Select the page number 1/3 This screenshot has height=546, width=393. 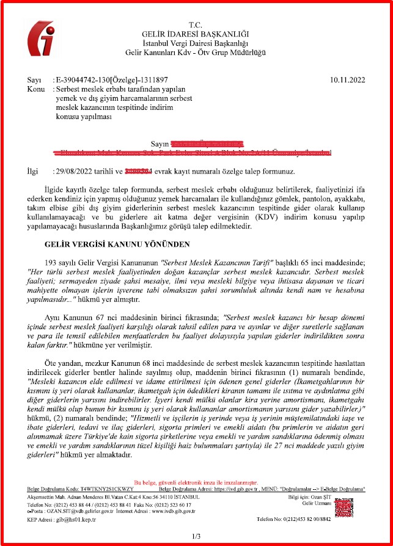coord(196,536)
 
